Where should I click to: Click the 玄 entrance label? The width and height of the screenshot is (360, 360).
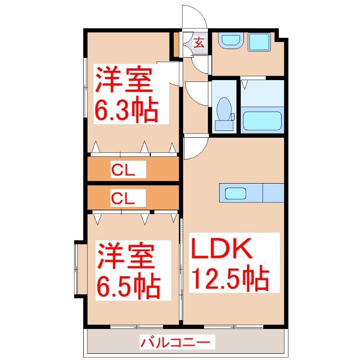[199, 44]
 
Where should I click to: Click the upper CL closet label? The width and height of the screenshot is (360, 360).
[129, 170]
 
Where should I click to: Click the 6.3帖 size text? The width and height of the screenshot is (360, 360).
[126, 110]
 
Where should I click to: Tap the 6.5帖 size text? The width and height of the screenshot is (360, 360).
[128, 283]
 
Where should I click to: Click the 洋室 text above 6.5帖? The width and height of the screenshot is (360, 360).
[125, 256]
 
